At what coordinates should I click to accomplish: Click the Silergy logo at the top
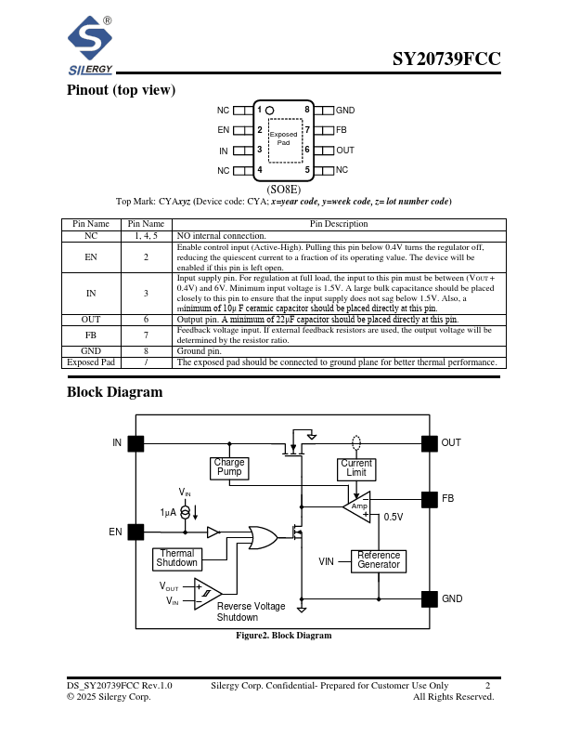(x=90, y=46)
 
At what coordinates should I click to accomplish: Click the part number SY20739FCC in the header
(x=446, y=59)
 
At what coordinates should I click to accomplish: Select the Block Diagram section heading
(x=114, y=392)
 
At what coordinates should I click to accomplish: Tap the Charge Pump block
(x=229, y=467)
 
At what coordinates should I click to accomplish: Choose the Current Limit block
(x=356, y=467)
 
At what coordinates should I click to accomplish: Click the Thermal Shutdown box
(x=176, y=559)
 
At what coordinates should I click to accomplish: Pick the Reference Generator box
(x=379, y=559)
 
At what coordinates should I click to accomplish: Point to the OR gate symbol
(x=258, y=537)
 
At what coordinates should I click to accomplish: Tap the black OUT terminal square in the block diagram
(x=429, y=443)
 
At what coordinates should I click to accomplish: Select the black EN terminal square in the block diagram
(x=136, y=532)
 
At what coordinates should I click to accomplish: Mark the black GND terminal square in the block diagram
(x=429, y=598)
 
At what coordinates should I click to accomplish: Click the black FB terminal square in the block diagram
(x=429, y=499)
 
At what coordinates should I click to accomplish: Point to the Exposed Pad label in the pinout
(x=283, y=138)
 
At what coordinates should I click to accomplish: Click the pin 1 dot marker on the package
(x=270, y=111)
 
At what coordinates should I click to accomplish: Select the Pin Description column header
(x=338, y=224)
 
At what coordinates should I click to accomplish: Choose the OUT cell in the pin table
(x=91, y=319)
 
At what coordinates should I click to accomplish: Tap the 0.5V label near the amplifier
(x=394, y=517)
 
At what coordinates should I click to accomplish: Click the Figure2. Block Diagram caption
(x=283, y=636)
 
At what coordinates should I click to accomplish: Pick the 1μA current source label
(x=168, y=512)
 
